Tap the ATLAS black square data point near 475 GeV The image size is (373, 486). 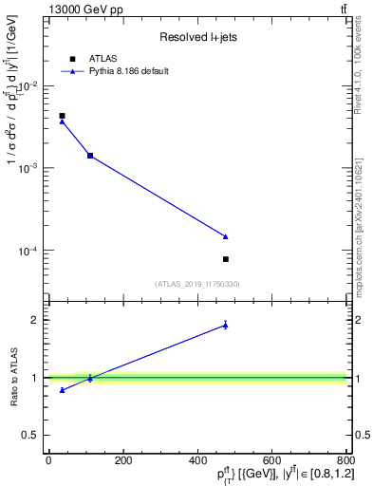click(226, 259)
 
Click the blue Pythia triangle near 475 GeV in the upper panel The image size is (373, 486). click(226, 236)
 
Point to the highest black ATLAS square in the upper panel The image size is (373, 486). click(63, 116)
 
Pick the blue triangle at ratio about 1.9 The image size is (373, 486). click(226, 325)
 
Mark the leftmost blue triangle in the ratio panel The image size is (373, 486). click(63, 390)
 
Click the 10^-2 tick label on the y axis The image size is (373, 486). click(29, 85)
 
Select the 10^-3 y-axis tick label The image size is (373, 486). click(29, 168)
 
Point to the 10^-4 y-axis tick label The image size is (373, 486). click(29, 251)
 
